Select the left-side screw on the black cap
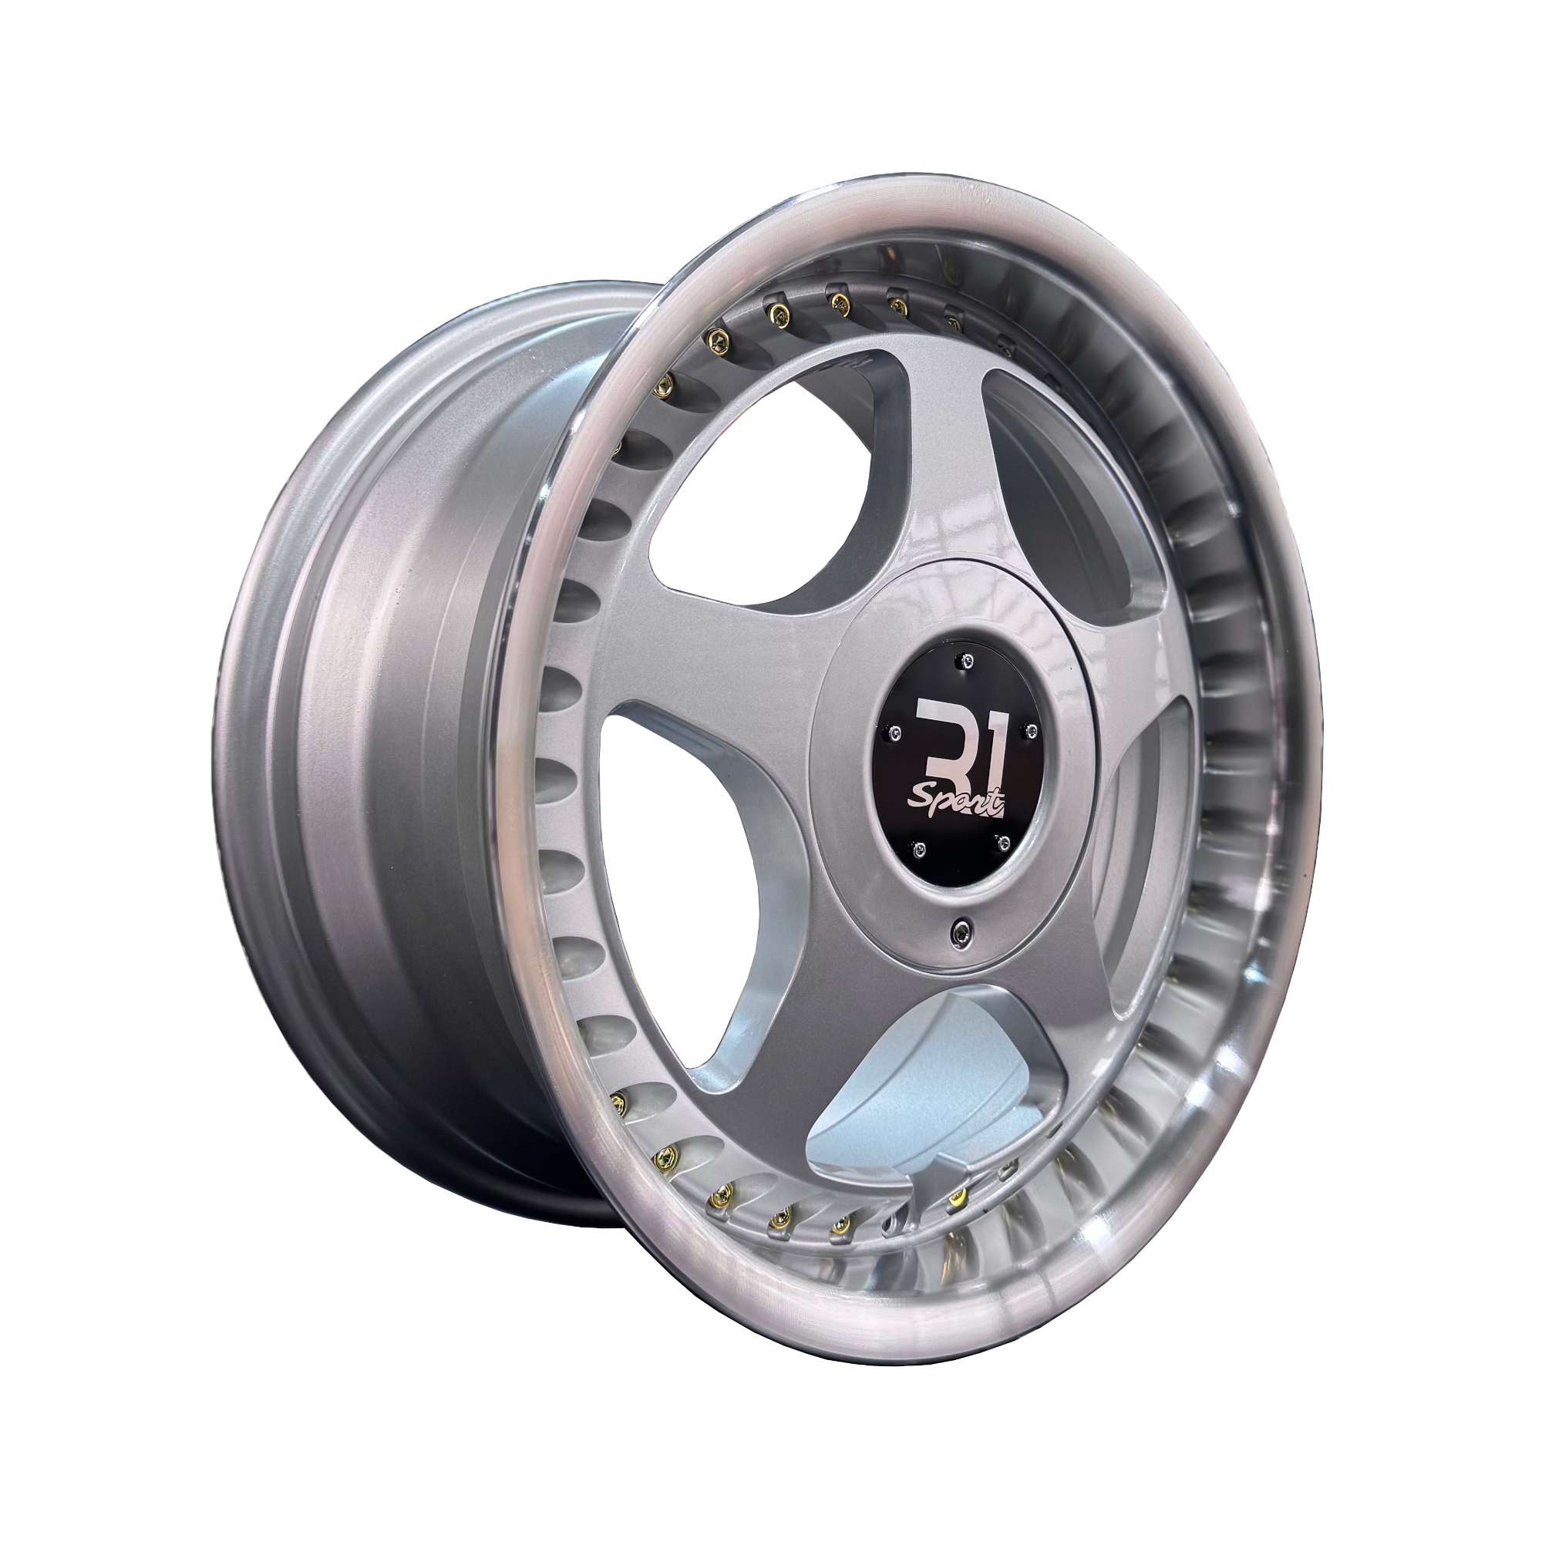(897, 731)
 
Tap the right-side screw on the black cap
(1029, 730)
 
